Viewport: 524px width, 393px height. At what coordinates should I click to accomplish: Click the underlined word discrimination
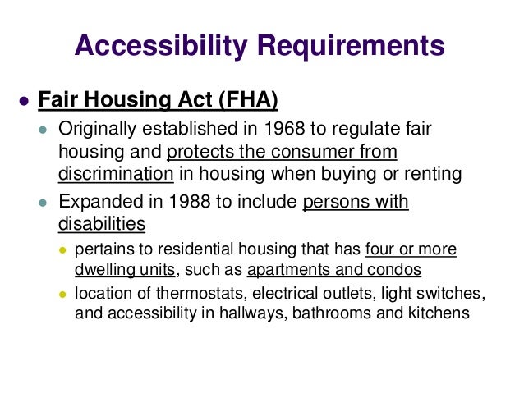click(116, 173)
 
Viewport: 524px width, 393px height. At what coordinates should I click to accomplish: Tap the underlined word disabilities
click(102, 223)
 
